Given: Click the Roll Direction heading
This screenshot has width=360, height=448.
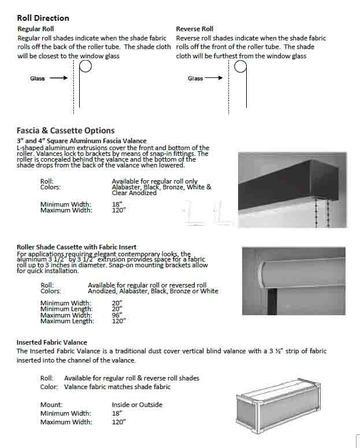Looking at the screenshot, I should click(43, 18).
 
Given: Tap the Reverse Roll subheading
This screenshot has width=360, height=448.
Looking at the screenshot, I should click(195, 29).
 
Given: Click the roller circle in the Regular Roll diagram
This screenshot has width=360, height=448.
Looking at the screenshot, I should click(85, 66).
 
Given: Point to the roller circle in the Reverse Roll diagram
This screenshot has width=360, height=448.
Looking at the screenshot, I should click(240, 66).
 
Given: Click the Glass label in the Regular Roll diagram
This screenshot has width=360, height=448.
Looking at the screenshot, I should click(38, 79).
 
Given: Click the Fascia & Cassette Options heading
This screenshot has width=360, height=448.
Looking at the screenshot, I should click(65, 130).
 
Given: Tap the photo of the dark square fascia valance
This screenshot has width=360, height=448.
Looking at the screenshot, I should click(292, 189).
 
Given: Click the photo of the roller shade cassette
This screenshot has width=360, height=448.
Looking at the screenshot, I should click(294, 281).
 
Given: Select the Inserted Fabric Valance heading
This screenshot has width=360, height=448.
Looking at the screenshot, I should click(52, 342).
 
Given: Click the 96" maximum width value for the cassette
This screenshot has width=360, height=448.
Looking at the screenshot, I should click(118, 315).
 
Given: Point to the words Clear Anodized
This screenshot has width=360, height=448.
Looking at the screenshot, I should click(134, 193).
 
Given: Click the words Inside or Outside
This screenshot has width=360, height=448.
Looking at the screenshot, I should click(137, 405).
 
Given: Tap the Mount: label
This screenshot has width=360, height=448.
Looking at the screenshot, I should click(51, 405).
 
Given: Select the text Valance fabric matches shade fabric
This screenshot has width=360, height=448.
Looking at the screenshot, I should click(117, 387).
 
